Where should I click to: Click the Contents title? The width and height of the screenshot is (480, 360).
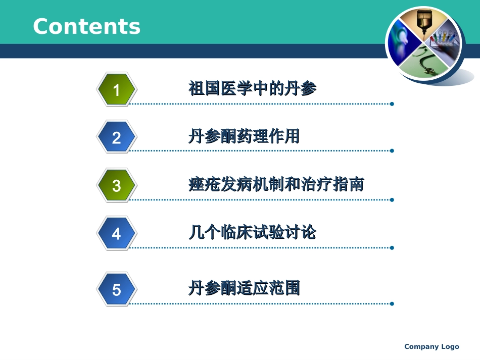(86, 26)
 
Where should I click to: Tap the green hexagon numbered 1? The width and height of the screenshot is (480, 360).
(116, 90)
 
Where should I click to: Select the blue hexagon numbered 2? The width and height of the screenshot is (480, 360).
(116, 137)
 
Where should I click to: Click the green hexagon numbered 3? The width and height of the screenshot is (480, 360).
(116, 185)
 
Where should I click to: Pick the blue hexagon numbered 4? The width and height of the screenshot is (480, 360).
(116, 234)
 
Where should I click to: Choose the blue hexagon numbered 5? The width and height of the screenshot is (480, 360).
(116, 289)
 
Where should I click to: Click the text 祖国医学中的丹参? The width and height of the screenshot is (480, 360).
(252, 89)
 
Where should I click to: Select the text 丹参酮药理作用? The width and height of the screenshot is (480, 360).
(244, 136)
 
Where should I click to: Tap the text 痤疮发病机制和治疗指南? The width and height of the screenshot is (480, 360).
(276, 184)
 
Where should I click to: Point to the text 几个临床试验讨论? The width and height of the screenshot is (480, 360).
(252, 233)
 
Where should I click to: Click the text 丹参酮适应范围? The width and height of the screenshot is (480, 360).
(244, 288)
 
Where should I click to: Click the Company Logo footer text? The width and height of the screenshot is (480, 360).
(431, 346)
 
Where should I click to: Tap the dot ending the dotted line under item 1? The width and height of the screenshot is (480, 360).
(392, 104)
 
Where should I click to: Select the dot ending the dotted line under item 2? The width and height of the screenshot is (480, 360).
(392, 150)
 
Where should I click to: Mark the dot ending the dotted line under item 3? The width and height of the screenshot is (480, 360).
(392, 199)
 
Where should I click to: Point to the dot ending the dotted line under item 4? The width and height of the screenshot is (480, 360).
(392, 247)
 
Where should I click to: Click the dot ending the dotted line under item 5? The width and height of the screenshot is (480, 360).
(392, 303)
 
